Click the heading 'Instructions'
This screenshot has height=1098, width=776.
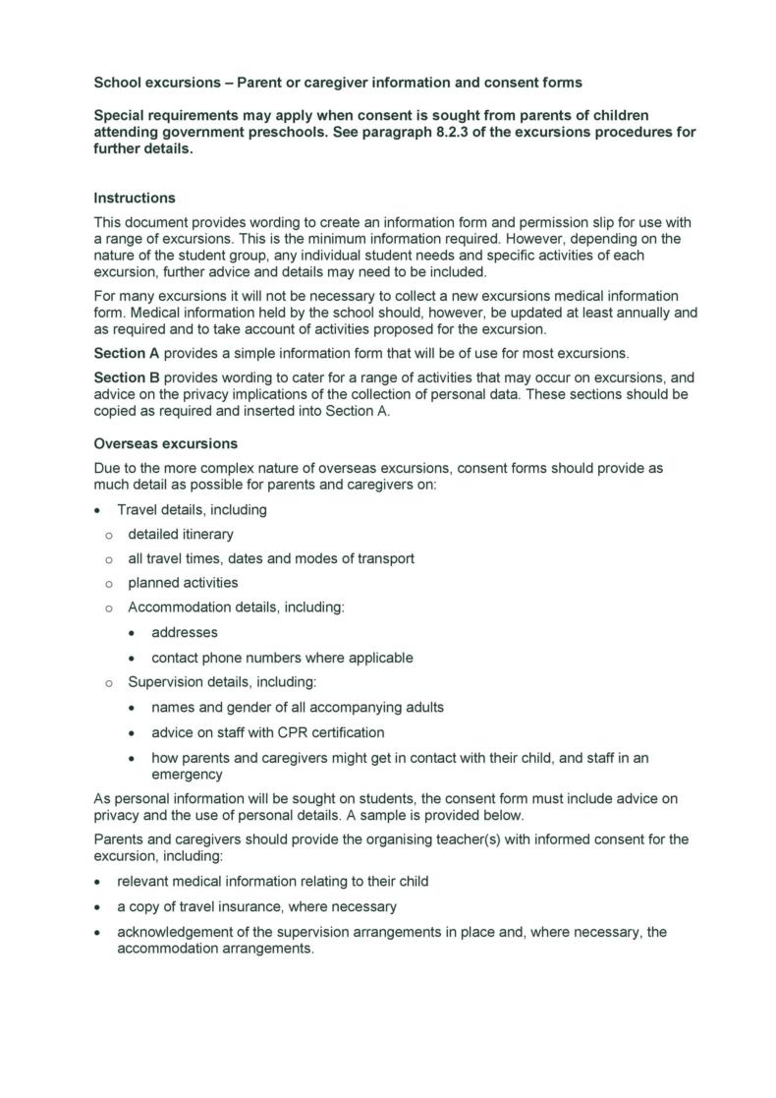(x=135, y=198)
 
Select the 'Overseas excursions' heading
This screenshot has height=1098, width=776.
(x=165, y=443)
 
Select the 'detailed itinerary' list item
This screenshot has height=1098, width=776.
(x=181, y=534)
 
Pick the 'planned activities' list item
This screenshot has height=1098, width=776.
(x=183, y=583)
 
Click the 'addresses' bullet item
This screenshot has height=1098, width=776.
(x=185, y=632)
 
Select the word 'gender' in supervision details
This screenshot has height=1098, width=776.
(x=253, y=707)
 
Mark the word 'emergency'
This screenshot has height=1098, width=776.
(x=188, y=774)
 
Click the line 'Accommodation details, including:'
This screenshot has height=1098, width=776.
(x=236, y=607)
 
